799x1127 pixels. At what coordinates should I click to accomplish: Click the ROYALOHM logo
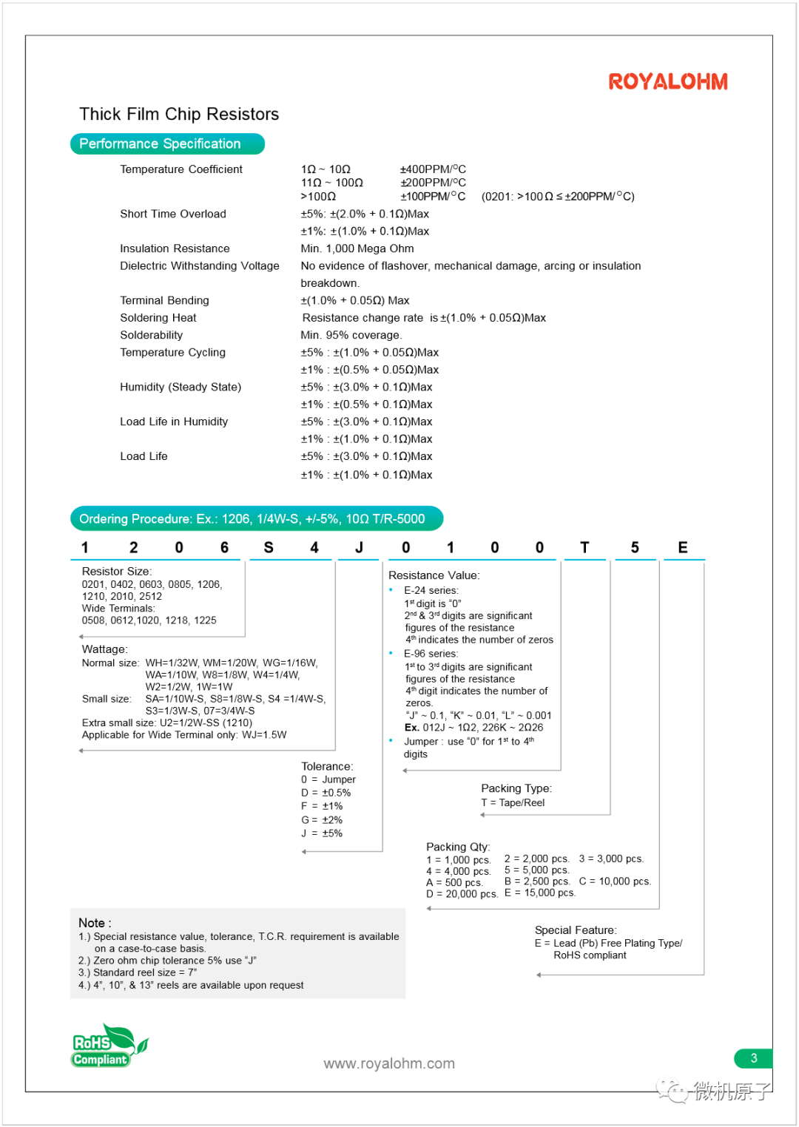click(x=668, y=81)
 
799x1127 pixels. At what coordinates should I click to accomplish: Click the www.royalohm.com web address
click(x=389, y=1063)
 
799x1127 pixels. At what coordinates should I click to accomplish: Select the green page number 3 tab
click(x=753, y=1058)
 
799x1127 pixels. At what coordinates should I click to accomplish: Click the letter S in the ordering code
click(x=269, y=547)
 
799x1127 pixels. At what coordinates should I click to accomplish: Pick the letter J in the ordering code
click(x=359, y=547)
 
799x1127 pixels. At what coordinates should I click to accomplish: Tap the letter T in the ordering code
click(x=584, y=547)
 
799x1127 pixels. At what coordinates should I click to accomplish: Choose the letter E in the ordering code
click(x=683, y=547)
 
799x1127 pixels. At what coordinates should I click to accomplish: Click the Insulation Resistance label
click(x=175, y=248)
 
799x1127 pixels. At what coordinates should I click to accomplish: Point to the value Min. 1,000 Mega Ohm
click(x=357, y=248)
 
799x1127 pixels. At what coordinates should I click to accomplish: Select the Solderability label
click(x=152, y=335)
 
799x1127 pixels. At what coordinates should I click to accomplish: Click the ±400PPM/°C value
click(x=433, y=169)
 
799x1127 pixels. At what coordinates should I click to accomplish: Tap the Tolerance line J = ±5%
click(x=322, y=833)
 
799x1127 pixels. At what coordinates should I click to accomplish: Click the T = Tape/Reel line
click(x=513, y=802)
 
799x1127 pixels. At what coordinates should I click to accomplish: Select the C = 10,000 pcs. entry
click(x=615, y=881)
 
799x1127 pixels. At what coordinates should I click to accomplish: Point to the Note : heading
click(x=95, y=923)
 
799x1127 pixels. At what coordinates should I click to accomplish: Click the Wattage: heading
click(x=104, y=649)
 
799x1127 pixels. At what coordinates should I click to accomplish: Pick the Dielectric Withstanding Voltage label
click(x=200, y=265)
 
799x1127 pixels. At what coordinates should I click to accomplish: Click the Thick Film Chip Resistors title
click(x=179, y=114)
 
